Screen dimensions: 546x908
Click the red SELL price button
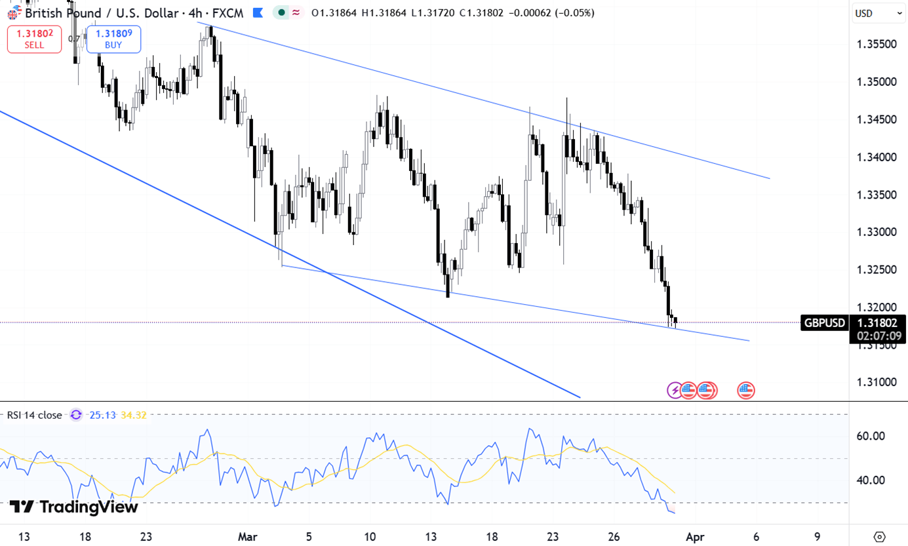34,39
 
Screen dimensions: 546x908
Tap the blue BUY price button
113,39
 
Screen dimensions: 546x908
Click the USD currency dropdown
878,13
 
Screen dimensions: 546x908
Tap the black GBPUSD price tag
824,322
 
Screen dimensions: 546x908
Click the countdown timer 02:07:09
878,336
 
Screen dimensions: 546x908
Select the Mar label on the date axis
247,537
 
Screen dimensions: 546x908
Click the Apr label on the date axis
694,537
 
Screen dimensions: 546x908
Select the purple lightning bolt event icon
674,391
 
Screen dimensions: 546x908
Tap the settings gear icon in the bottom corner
879,536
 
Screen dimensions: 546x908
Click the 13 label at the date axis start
24,537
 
